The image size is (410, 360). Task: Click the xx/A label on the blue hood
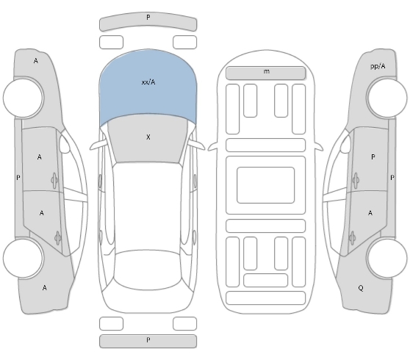(148, 82)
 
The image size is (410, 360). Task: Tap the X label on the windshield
(148, 137)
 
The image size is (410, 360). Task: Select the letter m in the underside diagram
(266, 71)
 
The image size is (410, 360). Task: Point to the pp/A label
(378, 66)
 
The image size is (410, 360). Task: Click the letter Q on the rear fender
(361, 288)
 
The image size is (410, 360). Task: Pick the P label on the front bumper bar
(148, 17)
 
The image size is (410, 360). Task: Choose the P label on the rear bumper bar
(148, 340)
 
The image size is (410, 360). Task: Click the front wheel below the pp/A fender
(386, 97)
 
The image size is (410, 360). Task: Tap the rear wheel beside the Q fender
(386, 258)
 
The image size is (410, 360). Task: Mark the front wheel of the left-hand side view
(24, 97)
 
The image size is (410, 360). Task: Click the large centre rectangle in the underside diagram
(266, 185)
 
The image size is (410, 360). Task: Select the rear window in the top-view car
(148, 270)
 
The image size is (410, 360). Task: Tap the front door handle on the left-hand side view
(54, 181)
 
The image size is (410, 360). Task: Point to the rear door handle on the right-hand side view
(353, 238)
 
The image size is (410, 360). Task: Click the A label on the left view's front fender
(36, 61)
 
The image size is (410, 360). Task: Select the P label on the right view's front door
(373, 157)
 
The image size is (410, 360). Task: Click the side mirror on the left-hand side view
(65, 144)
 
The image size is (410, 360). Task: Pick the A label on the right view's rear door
(370, 213)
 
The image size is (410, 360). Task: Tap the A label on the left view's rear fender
(44, 288)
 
